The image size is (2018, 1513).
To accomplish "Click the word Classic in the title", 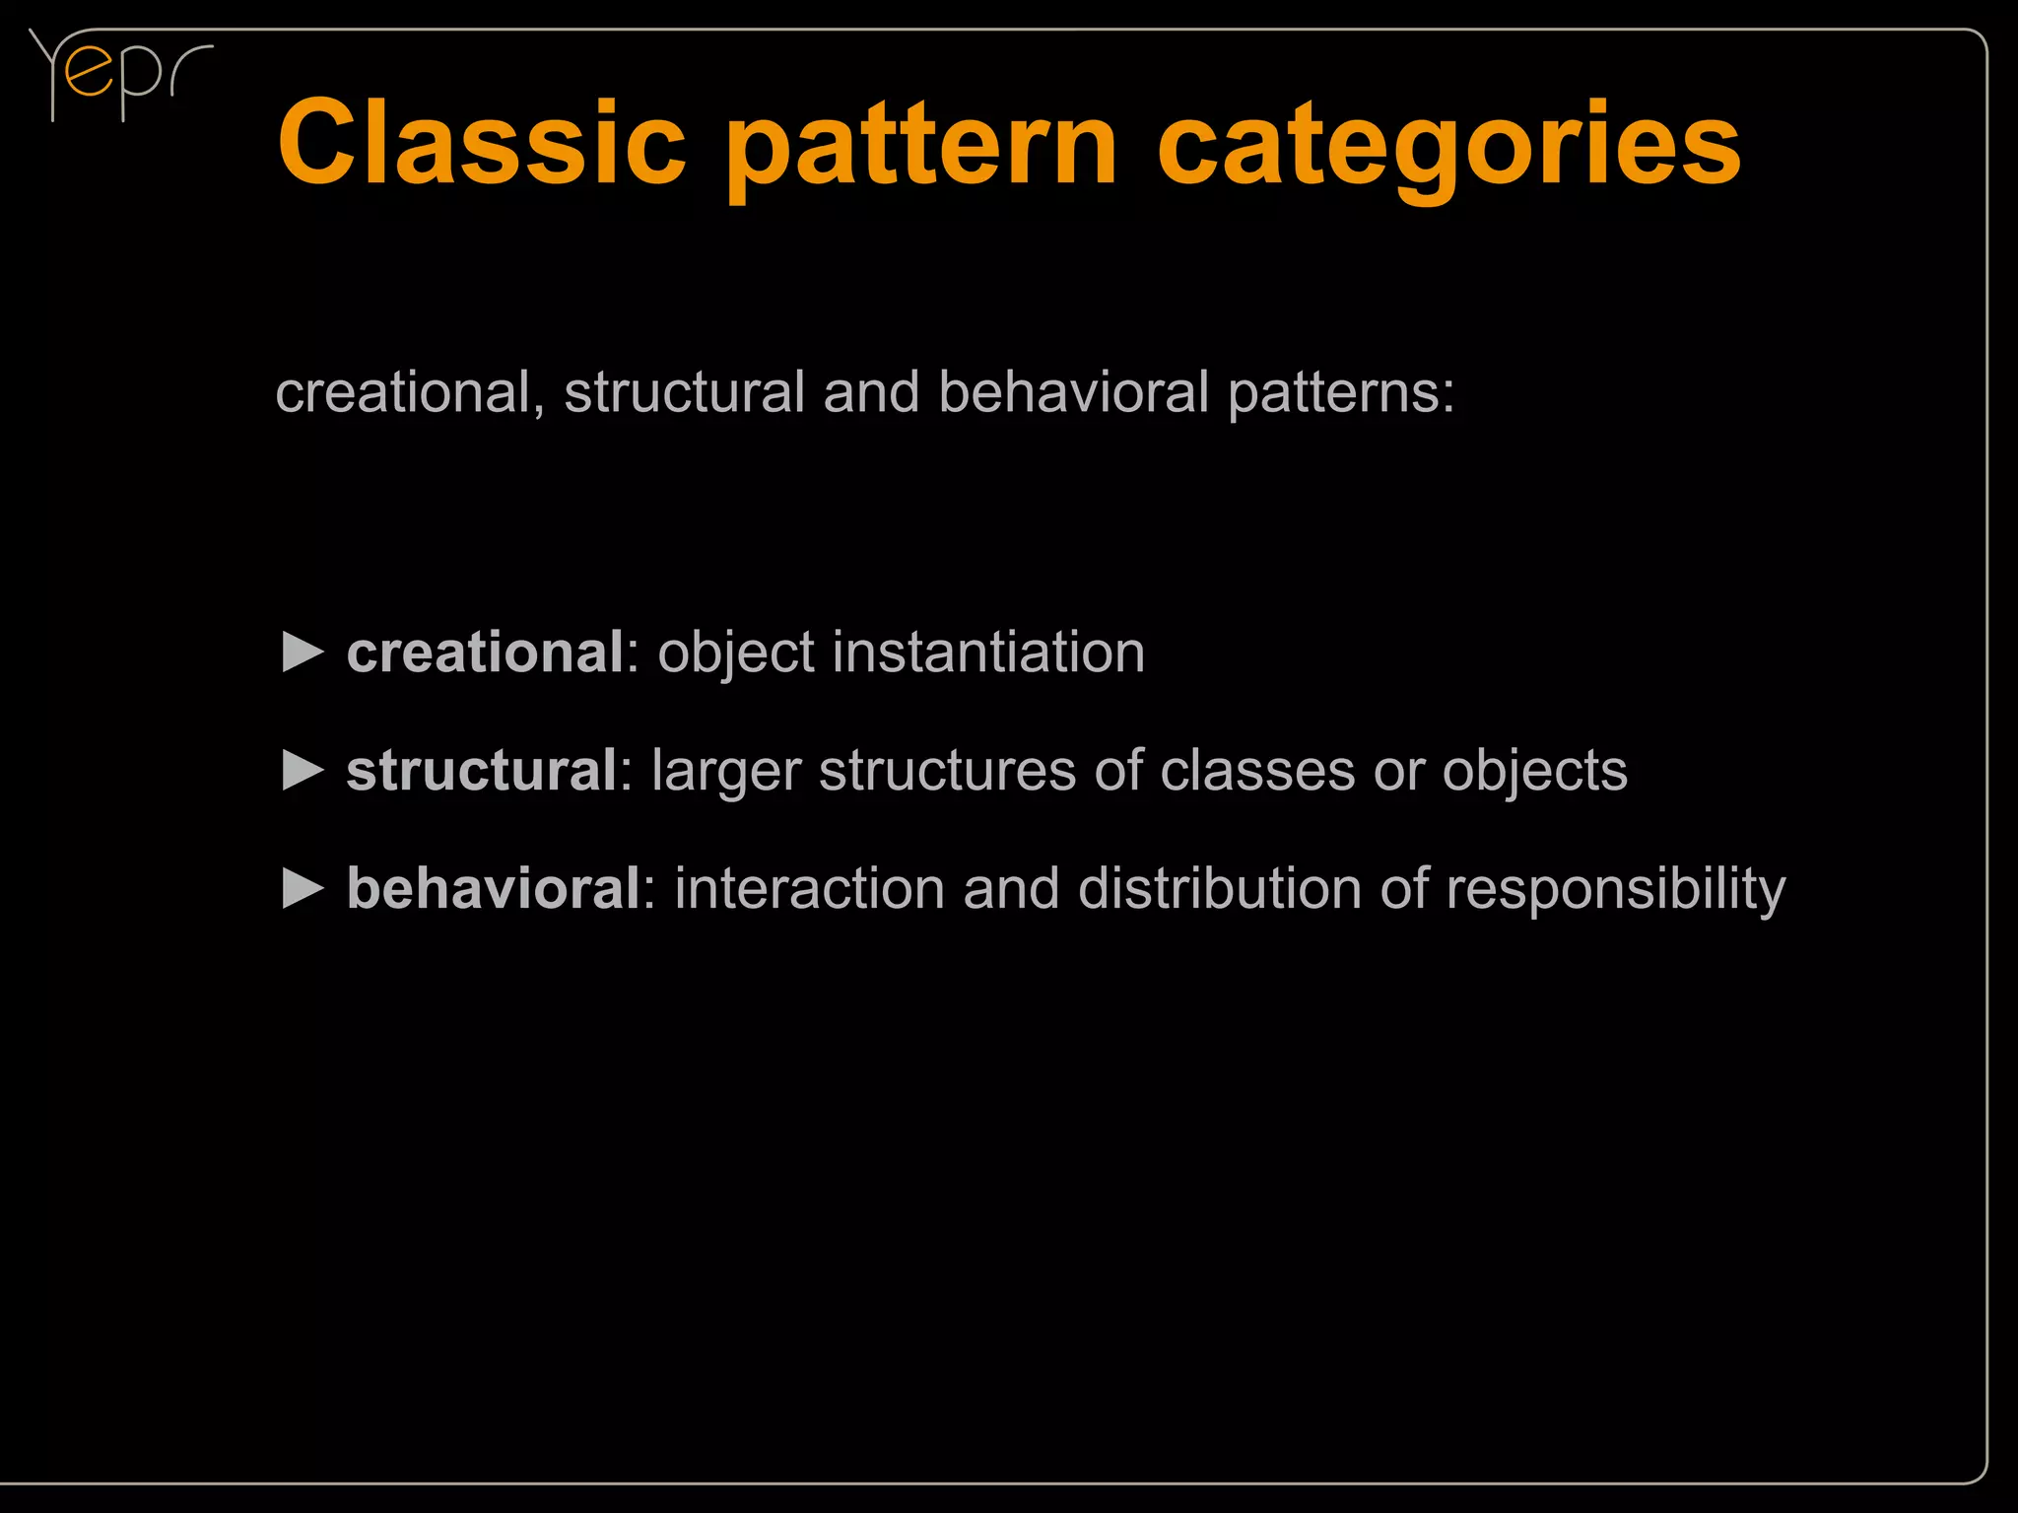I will point(482,144).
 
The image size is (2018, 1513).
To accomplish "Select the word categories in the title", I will point(1448,148).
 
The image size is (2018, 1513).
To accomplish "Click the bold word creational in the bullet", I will point(485,653).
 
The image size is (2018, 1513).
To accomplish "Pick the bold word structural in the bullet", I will point(482,770).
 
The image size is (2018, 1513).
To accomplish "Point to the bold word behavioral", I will point(494,888).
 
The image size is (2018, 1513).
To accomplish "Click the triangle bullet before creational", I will point(303,653).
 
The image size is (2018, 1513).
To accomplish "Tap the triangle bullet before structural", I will point(303,770).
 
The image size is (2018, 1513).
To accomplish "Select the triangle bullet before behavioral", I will point(303,888).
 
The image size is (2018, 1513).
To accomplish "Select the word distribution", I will point(1219,888).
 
